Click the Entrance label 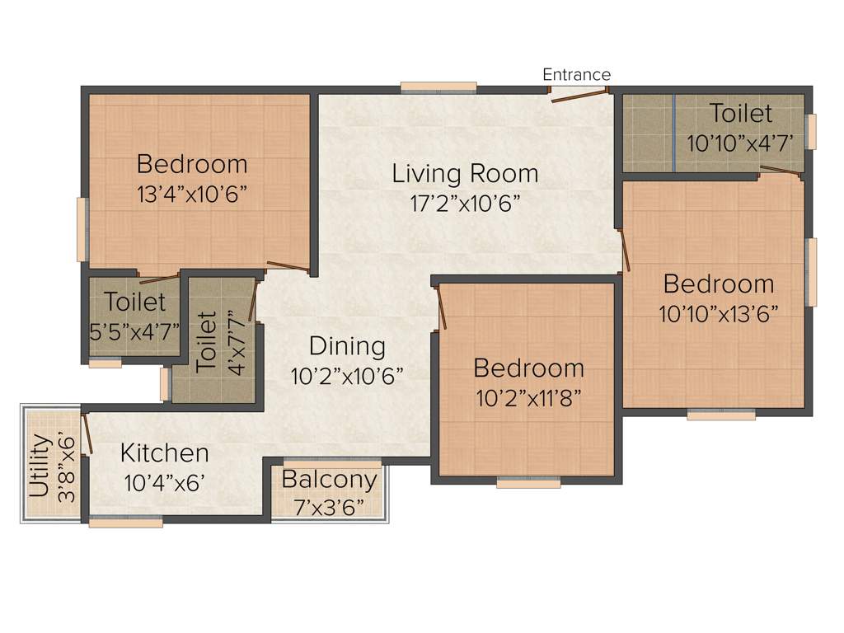576,75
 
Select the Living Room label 465,174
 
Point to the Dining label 347,346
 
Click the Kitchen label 165,453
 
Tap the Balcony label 329,480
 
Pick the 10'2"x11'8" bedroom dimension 528,398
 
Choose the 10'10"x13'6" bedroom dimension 719,314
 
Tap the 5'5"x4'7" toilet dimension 134,333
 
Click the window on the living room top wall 438,86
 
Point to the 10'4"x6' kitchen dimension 162,482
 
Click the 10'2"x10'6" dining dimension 347,376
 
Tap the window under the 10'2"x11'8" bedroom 528,484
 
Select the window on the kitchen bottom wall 125,522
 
